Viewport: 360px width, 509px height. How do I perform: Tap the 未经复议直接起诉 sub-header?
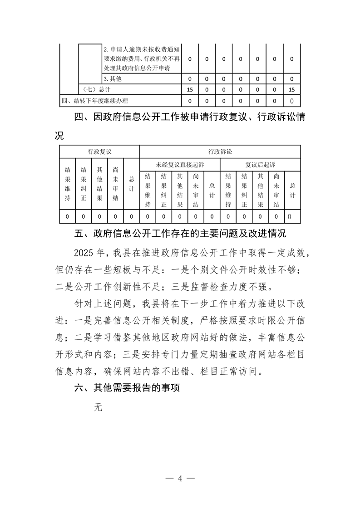coord(180,164)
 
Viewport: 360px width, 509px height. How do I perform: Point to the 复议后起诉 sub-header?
coord(261,164)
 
